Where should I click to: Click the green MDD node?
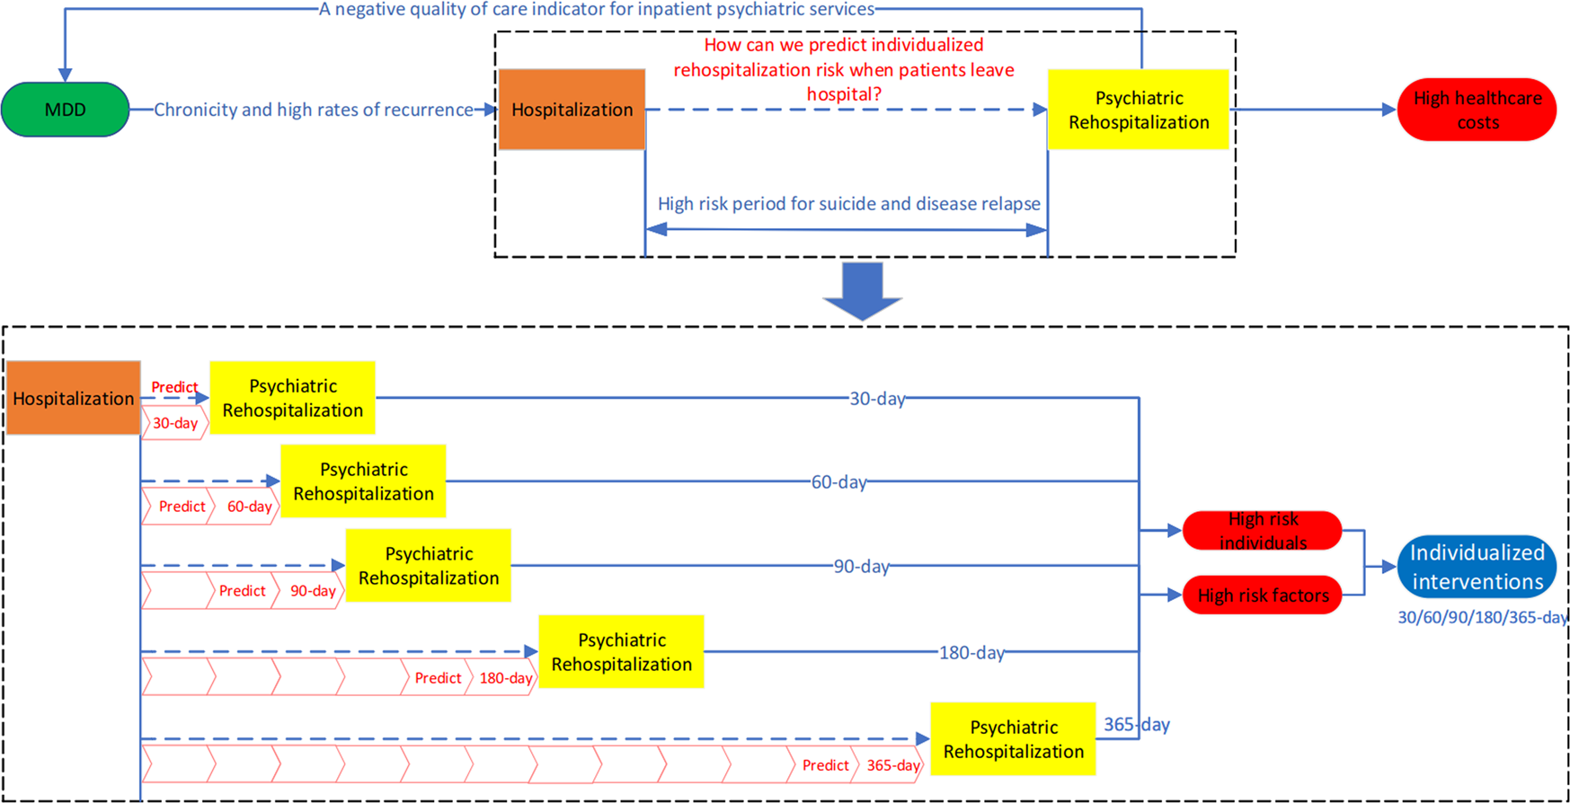point(65,110)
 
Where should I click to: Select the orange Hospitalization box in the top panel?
point(572,110)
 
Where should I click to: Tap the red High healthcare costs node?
point(1477,110)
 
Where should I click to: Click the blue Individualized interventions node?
point(1477,567)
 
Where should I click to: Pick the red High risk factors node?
point(1262,596)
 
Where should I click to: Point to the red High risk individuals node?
point(1262,531)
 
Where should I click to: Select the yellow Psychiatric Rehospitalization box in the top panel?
point(1138,110)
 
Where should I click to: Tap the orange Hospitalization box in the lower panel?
point(73,398)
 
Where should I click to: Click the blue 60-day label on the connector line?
point(838,482)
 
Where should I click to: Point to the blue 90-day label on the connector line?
point(861,567)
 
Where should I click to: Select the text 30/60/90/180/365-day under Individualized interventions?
point(1481,618)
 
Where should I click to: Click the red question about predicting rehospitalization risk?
point(843,69)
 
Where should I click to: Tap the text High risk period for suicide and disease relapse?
point(848,204)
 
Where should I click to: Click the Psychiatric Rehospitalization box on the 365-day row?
point(1013,739)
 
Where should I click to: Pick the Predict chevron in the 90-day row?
point(242,591)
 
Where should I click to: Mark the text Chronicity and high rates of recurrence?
point(313,110)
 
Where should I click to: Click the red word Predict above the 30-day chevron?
point(174,387)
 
